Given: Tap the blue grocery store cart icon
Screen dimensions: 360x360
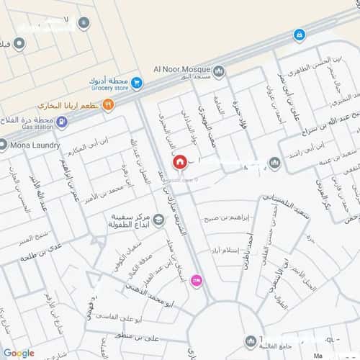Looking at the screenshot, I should pyautogui.click(x=136, y=84).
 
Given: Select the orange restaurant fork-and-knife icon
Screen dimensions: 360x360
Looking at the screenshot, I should pyautogui.click(x=108, y=105).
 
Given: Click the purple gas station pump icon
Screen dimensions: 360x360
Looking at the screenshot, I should pyautogui.click(x=62, y=122).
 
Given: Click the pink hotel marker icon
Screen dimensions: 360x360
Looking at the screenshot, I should pyautogui.click(x=196, y=282).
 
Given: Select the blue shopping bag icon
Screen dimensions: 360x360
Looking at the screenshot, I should pyautogui.click(x=299, y=34).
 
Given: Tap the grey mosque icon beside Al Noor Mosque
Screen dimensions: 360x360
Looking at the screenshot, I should pyautogui.click(x=220, y=71).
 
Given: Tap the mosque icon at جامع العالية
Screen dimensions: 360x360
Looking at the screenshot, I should pyautogui.click(x=249, y=341).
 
